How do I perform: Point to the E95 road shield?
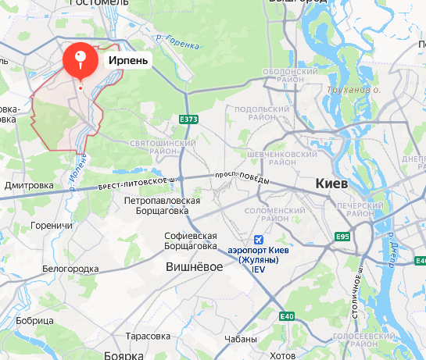[x=342, y=237]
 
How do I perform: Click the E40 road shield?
[x=287, y=315]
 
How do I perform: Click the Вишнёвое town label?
[x=195, y=266]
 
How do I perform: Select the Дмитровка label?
[x=28, y=186]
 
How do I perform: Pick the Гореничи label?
[x=51, y=226]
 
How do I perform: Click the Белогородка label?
[x=70, y=269]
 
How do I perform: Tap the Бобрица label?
[x=34, y=321]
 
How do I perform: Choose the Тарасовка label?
[x=147, y=336]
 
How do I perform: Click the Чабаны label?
[x=240, y=340]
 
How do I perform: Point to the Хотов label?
[x=281, y=355]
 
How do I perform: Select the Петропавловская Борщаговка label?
[x=157, y=205]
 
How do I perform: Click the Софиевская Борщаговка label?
[x=190, y=241]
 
